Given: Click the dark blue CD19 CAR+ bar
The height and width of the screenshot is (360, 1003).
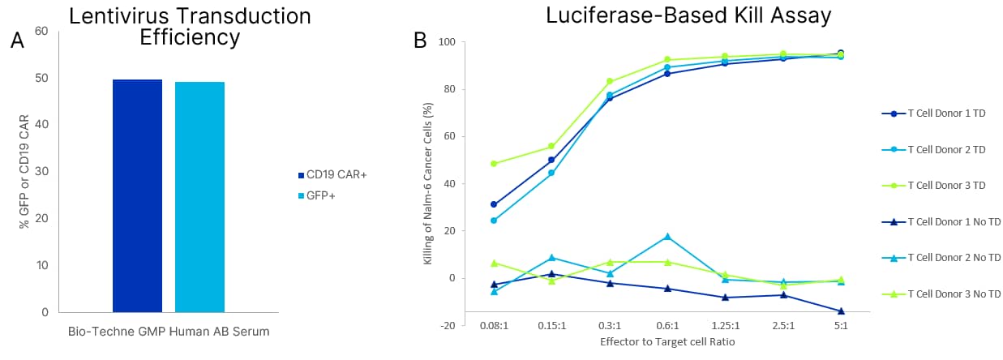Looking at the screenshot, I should click(x=137, y=195).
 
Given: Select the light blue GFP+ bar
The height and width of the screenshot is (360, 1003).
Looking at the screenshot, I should click(x=199, y=197).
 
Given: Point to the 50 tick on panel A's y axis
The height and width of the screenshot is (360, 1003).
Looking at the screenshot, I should click(x=40, y=79).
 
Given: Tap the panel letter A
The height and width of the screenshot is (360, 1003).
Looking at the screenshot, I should click(x=17, y=42).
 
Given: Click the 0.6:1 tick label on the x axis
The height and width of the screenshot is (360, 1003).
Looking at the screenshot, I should click(x=667, y=325).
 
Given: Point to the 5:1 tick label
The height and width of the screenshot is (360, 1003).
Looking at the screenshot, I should click(x=840, y=325).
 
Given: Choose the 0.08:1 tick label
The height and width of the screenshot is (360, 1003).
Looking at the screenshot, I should click(x=493, y=325).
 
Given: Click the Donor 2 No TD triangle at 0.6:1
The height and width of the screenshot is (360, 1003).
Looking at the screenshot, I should click(x=667, y=237).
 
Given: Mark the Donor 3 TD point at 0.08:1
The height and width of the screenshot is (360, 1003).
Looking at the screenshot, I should click(x=494, y=164).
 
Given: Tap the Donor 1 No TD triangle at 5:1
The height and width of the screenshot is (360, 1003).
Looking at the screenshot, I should click(x=841, y=311).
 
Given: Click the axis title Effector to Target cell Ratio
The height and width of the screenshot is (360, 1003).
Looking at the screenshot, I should click(x=667, y=342).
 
